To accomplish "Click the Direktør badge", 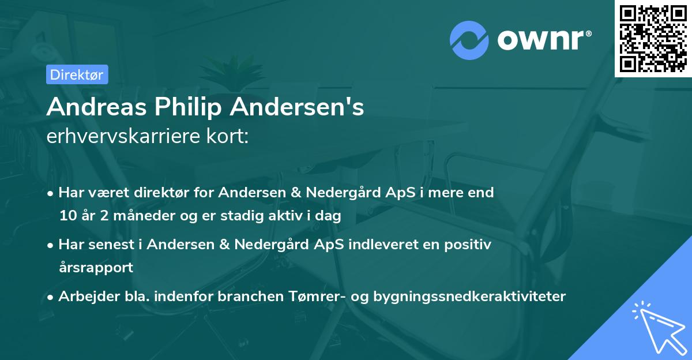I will [77, 74].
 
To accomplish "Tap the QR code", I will [653, 38].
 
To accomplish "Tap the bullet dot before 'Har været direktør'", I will [51, 193].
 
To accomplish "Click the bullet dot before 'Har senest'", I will [51, 245].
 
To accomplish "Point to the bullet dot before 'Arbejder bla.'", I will [51, 297].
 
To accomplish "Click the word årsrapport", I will [96, 268].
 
